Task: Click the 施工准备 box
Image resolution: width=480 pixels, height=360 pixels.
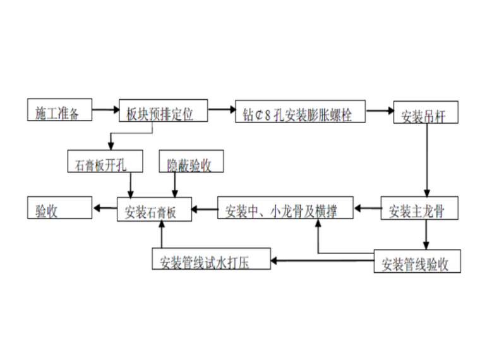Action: pos(59,111)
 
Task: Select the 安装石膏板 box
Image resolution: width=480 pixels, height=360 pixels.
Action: pos(154,209)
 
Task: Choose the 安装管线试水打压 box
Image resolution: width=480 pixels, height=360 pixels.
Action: pos(211,260)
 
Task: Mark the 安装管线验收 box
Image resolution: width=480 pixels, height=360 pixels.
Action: pos(417,261)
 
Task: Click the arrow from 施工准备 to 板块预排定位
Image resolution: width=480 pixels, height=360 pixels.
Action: pos(105,112)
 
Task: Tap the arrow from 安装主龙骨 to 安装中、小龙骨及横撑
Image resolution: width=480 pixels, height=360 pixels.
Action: pos(367,207)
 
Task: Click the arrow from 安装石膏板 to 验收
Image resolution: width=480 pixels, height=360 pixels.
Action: pos(105,207)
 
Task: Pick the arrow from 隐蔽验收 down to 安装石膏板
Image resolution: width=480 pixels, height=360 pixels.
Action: pos(175,185)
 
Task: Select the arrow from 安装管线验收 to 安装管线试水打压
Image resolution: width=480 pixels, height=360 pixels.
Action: pos(323,259)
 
